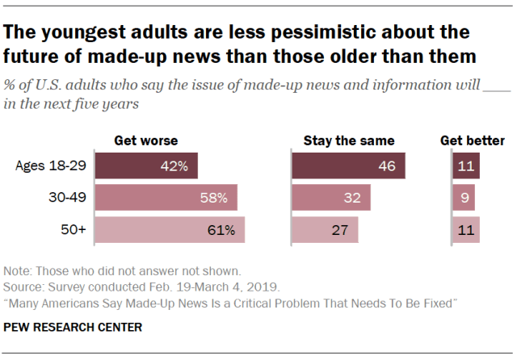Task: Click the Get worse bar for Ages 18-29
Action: tap(146, 166)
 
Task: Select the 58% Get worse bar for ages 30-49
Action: tap(166, 198)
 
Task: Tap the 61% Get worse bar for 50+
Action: tap(170, 230)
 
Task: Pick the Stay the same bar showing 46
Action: tap(348, 166)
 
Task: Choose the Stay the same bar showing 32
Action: tap(330, 198)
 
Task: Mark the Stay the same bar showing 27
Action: tap(325, 230)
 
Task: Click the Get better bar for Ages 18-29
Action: tap(466, 166)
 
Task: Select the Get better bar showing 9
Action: tap(464, 198)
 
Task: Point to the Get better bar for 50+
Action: tap(466, 230)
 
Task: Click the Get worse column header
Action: tap(145, 140)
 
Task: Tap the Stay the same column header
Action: tap(348, 140)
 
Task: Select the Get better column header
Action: tap(473, 140)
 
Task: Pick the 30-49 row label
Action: tap(68, 198)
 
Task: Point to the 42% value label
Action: tap(174, 167)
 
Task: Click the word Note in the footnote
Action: tap(17, 270)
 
